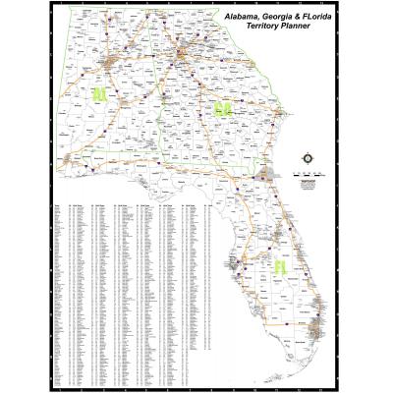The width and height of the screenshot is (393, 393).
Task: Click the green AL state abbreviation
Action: [99, 94]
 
